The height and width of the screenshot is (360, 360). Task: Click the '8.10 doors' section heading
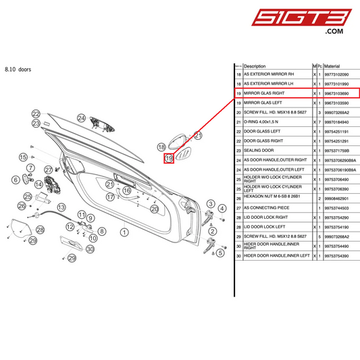pyautogui.click(x=18, y=70)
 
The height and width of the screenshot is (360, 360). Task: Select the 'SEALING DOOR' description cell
pyautogui.click(x=259, y=150)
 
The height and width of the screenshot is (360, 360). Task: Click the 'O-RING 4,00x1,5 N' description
pyautogui.click(x=263, y=122)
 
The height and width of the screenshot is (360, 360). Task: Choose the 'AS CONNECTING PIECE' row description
pyautogui.click(x=266, y=209)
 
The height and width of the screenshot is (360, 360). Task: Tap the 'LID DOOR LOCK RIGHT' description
pyautogui.click(x=265, y=218)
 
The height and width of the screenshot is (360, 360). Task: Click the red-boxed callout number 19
pyautogui.click(x=170, y=158)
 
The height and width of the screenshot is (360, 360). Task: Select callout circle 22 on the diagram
pyautogui.click(x=36, y=114)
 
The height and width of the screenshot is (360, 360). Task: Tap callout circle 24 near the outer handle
pyautogui.click(x=81, y=118)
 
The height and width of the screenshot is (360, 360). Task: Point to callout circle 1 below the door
pyautogui.click(x=124, y=232)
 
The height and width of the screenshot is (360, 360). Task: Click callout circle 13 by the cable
pyautogui.click(x=61, y=207)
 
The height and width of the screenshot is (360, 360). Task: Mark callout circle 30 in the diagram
pyautogui.click(x=91, y=248)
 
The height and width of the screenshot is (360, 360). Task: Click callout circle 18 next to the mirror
pyautogui.click(x=161, y=147)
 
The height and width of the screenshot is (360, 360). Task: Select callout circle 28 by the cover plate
pyautogui.click(x=40, y=230)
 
